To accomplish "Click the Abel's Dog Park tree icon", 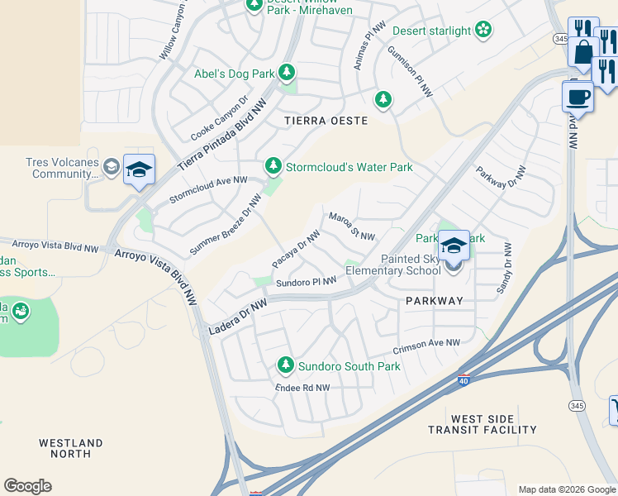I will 287,74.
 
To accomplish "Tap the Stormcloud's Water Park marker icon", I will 273,167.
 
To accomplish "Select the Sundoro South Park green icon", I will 286,365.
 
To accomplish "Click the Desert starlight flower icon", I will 484,31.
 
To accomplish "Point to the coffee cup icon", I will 578,97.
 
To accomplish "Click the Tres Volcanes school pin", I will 139,170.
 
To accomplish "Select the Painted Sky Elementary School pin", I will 454,246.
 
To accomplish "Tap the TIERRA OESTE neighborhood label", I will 326,121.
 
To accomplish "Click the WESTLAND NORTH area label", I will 71,449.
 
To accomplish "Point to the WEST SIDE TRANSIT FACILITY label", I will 483,425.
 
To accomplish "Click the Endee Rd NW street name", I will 302,388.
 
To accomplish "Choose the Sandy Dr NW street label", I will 503,269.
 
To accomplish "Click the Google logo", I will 27,486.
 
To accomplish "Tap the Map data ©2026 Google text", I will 567,489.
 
